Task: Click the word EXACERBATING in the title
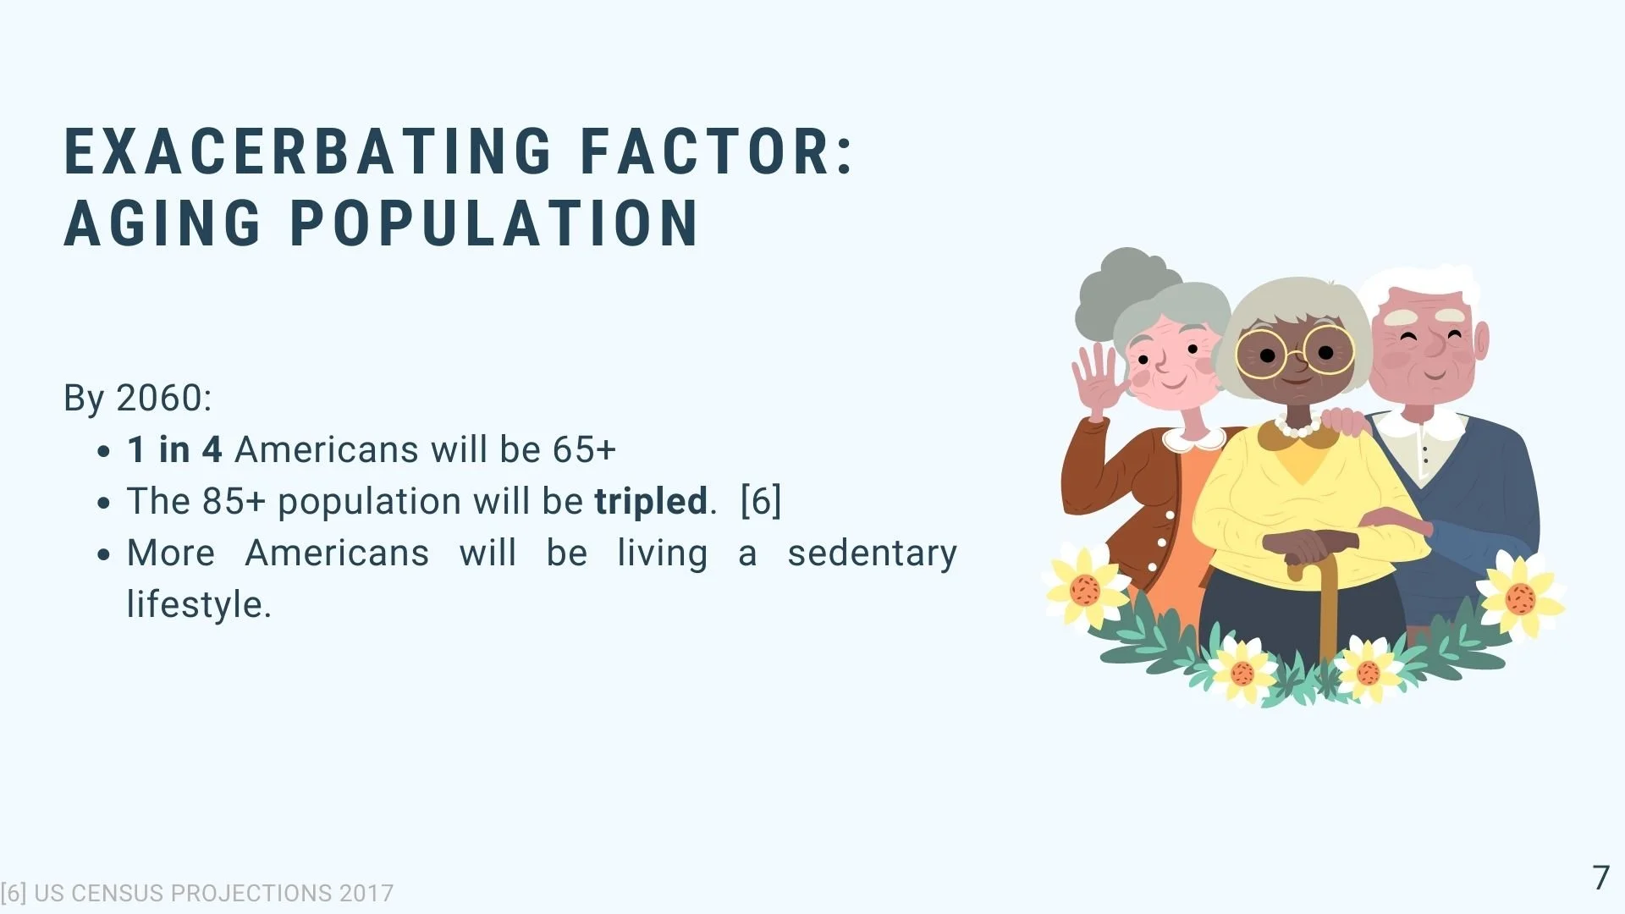coord(309,152)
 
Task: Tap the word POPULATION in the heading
coord(495,223)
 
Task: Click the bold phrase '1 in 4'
coord(174,449)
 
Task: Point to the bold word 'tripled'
coord(651,501)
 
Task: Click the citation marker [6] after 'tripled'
coord(761,501)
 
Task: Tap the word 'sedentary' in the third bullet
coord(872,553)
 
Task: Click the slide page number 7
coord(1600,878)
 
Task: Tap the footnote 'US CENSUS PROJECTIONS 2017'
coord(213,893)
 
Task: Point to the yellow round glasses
coord(1295,351)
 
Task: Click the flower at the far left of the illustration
coord(1086,587)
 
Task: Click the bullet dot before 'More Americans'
coord(104,555)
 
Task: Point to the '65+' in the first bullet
coord(584,449)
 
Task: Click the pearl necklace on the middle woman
coord(1297,428)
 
